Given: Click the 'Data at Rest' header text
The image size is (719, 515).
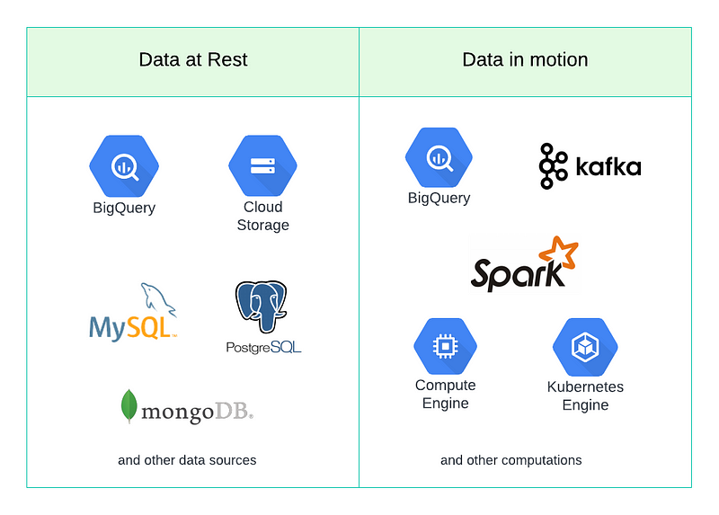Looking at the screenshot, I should tap(192, 60).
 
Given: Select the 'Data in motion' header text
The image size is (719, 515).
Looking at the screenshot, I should tap(525, 60).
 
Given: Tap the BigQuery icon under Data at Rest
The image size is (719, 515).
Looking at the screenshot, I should tap(124, 165).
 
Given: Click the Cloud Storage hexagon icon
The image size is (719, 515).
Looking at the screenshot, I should tap(262, 165).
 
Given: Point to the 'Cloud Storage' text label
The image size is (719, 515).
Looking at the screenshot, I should tap(262, 216).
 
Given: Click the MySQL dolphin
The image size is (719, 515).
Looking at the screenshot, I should tap(156, 298).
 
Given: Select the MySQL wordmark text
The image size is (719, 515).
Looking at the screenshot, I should tap(131, 326).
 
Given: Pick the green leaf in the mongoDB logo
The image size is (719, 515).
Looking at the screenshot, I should tap(129, 406).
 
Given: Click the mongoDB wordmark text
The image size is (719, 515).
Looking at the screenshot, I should tap(199, 411).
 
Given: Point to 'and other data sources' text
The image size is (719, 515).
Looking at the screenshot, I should tap(187, 460).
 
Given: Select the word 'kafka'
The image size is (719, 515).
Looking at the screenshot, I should tap(608, 167).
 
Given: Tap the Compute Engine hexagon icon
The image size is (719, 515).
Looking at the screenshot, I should tap(445, 346).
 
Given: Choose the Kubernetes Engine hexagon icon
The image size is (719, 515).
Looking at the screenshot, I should tap(585, 347).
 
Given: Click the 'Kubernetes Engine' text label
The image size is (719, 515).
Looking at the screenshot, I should tap(585, 395).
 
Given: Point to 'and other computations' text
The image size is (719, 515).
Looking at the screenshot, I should tap(510, 460).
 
